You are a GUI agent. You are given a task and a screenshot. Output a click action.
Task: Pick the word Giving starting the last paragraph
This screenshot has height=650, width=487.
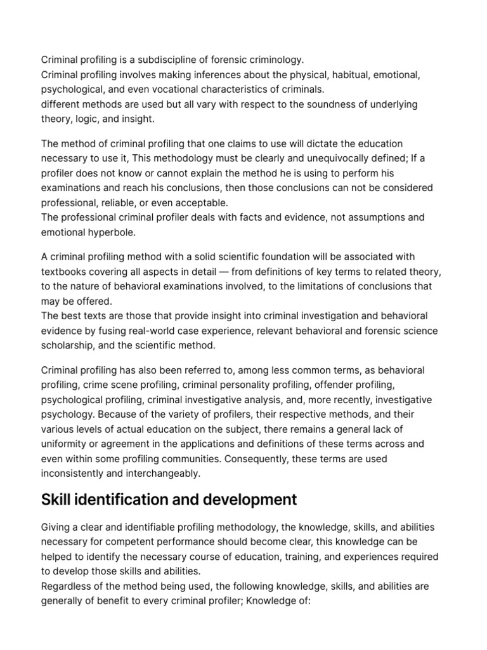[57, 527]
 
